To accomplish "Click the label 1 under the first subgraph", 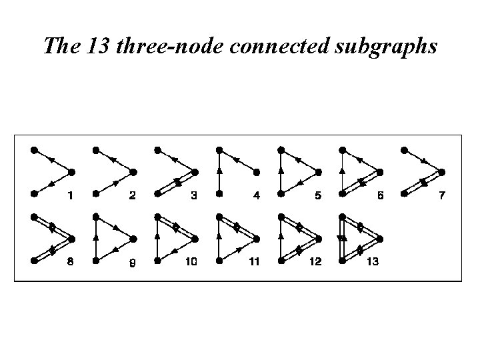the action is pyautogui.click(x=71, y=195).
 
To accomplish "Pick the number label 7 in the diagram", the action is pyautogui.click(x=441, y=195).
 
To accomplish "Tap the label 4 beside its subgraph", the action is pyautogui.click(x=257, y=195).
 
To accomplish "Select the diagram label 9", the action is pyautogui.click(x=132, y=262).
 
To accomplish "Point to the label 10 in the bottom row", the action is pyautogui.click(x=191, y=262).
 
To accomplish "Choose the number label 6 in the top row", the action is pyautogui.click(x=379, y=195).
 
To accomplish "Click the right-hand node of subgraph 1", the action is pyautogui.click(x=72, y=171).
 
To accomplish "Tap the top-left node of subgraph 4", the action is pyautogui.click(x=219, y=150).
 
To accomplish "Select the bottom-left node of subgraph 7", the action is pyautogui.click(x=404, y=193).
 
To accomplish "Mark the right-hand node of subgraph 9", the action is pyautogui.click(x=133, y=239).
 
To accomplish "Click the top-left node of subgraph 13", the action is pyautogui.click(x=342, y=217).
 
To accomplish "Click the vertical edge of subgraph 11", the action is pyautogui.click(x=219, y=239).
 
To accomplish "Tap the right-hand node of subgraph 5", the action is pyautogui.click(x=317, y=171).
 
